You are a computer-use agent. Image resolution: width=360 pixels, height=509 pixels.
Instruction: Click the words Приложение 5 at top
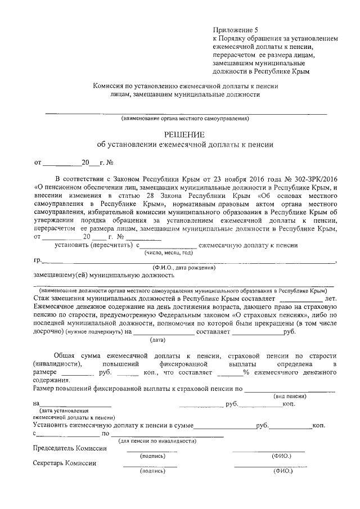(x=233, y=30)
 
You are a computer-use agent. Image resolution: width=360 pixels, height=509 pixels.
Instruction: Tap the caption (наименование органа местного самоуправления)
(x=185, y=119)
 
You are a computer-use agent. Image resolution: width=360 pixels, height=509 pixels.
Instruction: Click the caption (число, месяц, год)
(x=167, y=253)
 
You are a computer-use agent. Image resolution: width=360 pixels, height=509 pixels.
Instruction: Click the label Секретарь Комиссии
(x=65, y=463)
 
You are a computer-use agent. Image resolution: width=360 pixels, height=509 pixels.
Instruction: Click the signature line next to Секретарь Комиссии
(x=150, y=466)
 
